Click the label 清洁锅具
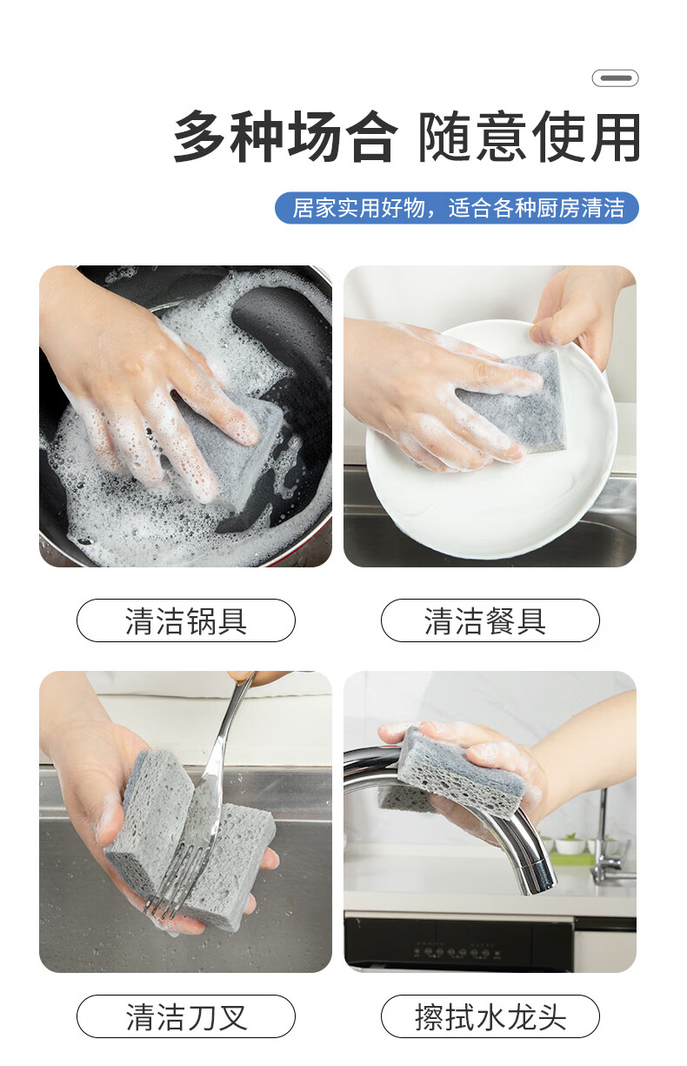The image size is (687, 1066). (x=186, y=620)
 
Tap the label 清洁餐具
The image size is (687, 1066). (x=490, y=620)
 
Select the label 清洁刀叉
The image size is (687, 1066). (x=186, y=1017)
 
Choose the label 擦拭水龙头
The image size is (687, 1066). (x=490, y=1017)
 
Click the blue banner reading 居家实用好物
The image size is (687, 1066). (x=457, y=208)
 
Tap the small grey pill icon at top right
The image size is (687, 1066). (x=615, y=78)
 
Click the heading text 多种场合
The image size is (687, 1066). (x=284, y=137)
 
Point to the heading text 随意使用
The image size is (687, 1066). (x=529, y=137)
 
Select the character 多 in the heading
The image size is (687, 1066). (x=200, y=137)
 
